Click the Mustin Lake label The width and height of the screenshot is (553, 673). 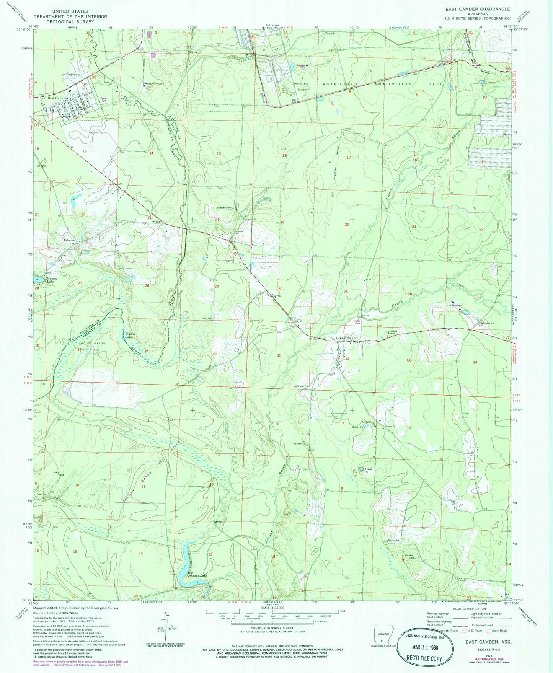tap(52, 280)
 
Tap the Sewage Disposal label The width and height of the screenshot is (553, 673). tap(153, 83)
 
